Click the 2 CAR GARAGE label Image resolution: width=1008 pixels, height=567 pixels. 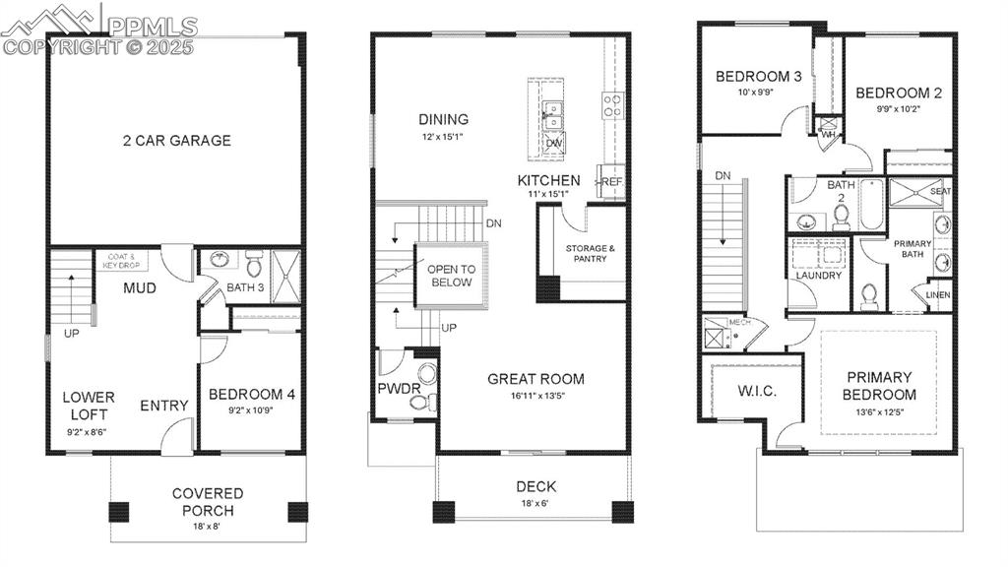(x=177, y=141)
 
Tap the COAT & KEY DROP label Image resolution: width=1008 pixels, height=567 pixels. (x=122, y=260)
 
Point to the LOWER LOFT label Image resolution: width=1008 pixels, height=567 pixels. (x=89, y=405)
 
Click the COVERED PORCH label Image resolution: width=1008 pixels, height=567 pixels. (x=207, y=501)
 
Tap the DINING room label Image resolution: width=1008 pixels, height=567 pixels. (x=443, y=120)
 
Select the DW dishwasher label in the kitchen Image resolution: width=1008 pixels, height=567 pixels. (x=553, y=144)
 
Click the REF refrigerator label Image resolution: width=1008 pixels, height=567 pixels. (x=611, y=182)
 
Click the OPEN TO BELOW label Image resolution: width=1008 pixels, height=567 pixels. (x=450, y=276)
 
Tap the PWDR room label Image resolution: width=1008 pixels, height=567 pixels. (x=399, y=389)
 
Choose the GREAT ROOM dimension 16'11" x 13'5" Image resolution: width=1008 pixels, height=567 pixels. (x=535, y=397)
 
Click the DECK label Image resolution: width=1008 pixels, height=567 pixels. (x=535, y=486)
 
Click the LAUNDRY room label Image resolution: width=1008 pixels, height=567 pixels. (x=819, y=276)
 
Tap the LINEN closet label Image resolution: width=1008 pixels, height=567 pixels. (x=937, y=294)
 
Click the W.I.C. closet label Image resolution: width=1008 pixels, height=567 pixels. (x=757, y=391)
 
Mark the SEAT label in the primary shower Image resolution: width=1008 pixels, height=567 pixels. (x=940, y=192)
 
